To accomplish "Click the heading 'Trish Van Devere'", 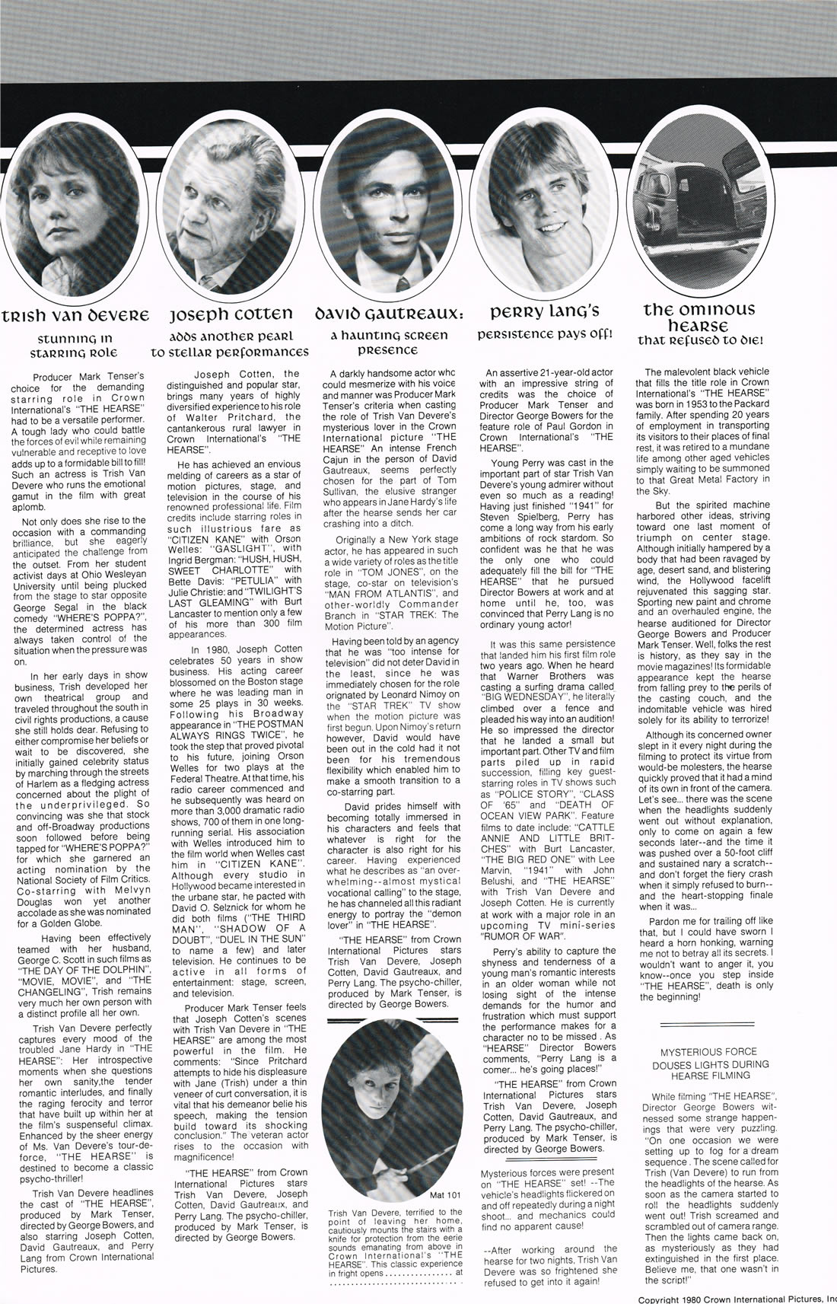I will click(75, 314).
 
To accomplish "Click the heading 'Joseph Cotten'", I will click(230, 314).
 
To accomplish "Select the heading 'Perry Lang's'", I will click(545, 311).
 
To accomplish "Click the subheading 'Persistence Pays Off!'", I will click(545, 334).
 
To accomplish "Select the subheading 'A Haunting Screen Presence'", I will click(388, 343).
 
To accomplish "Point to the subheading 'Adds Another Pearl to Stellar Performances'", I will click(230, 345).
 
